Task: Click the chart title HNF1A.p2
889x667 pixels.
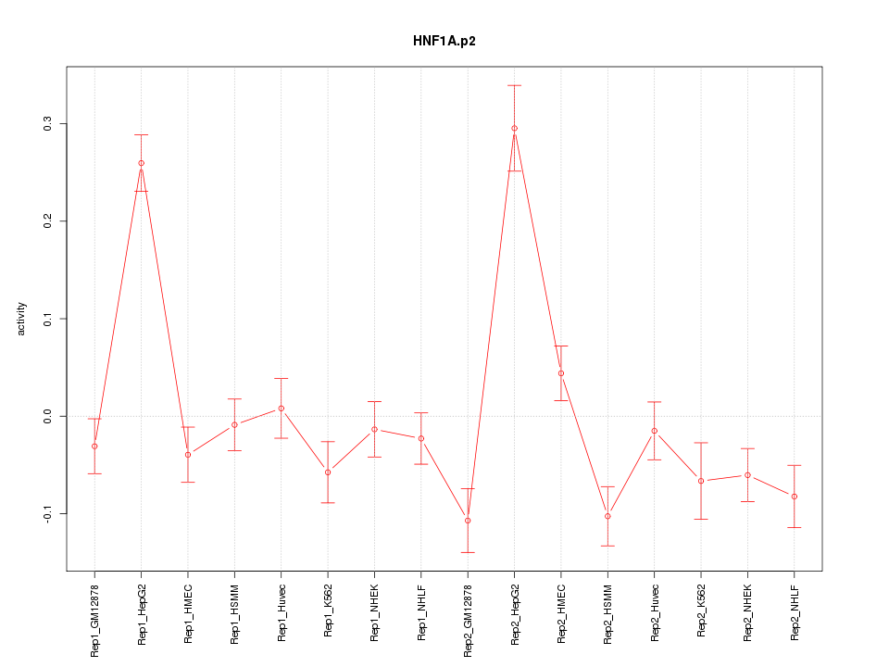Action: coord(444,41)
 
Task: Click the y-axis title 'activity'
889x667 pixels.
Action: coord(22,319)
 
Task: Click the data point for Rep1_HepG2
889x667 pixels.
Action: coord(141,163)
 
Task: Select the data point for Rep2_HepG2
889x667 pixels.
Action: coord(514,129)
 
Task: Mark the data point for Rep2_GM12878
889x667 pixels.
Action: coord(468,521)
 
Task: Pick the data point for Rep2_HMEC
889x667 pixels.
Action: coord(561,373)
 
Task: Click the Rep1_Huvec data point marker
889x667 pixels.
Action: coord(282,409)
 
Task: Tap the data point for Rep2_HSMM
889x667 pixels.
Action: coord(607,516)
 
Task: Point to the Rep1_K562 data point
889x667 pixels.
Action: coord(328,472)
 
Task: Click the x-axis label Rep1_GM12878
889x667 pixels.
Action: coord(94,620)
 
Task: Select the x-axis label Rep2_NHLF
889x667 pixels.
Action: coord(795,612)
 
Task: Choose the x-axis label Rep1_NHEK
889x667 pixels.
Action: coord(374,612)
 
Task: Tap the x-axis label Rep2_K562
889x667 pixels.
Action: coord(701,612)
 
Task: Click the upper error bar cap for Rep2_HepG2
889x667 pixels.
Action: coord(514,85)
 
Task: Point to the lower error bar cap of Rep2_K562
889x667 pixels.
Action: coord(701,519)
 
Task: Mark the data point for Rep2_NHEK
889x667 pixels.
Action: coord(747,475)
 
